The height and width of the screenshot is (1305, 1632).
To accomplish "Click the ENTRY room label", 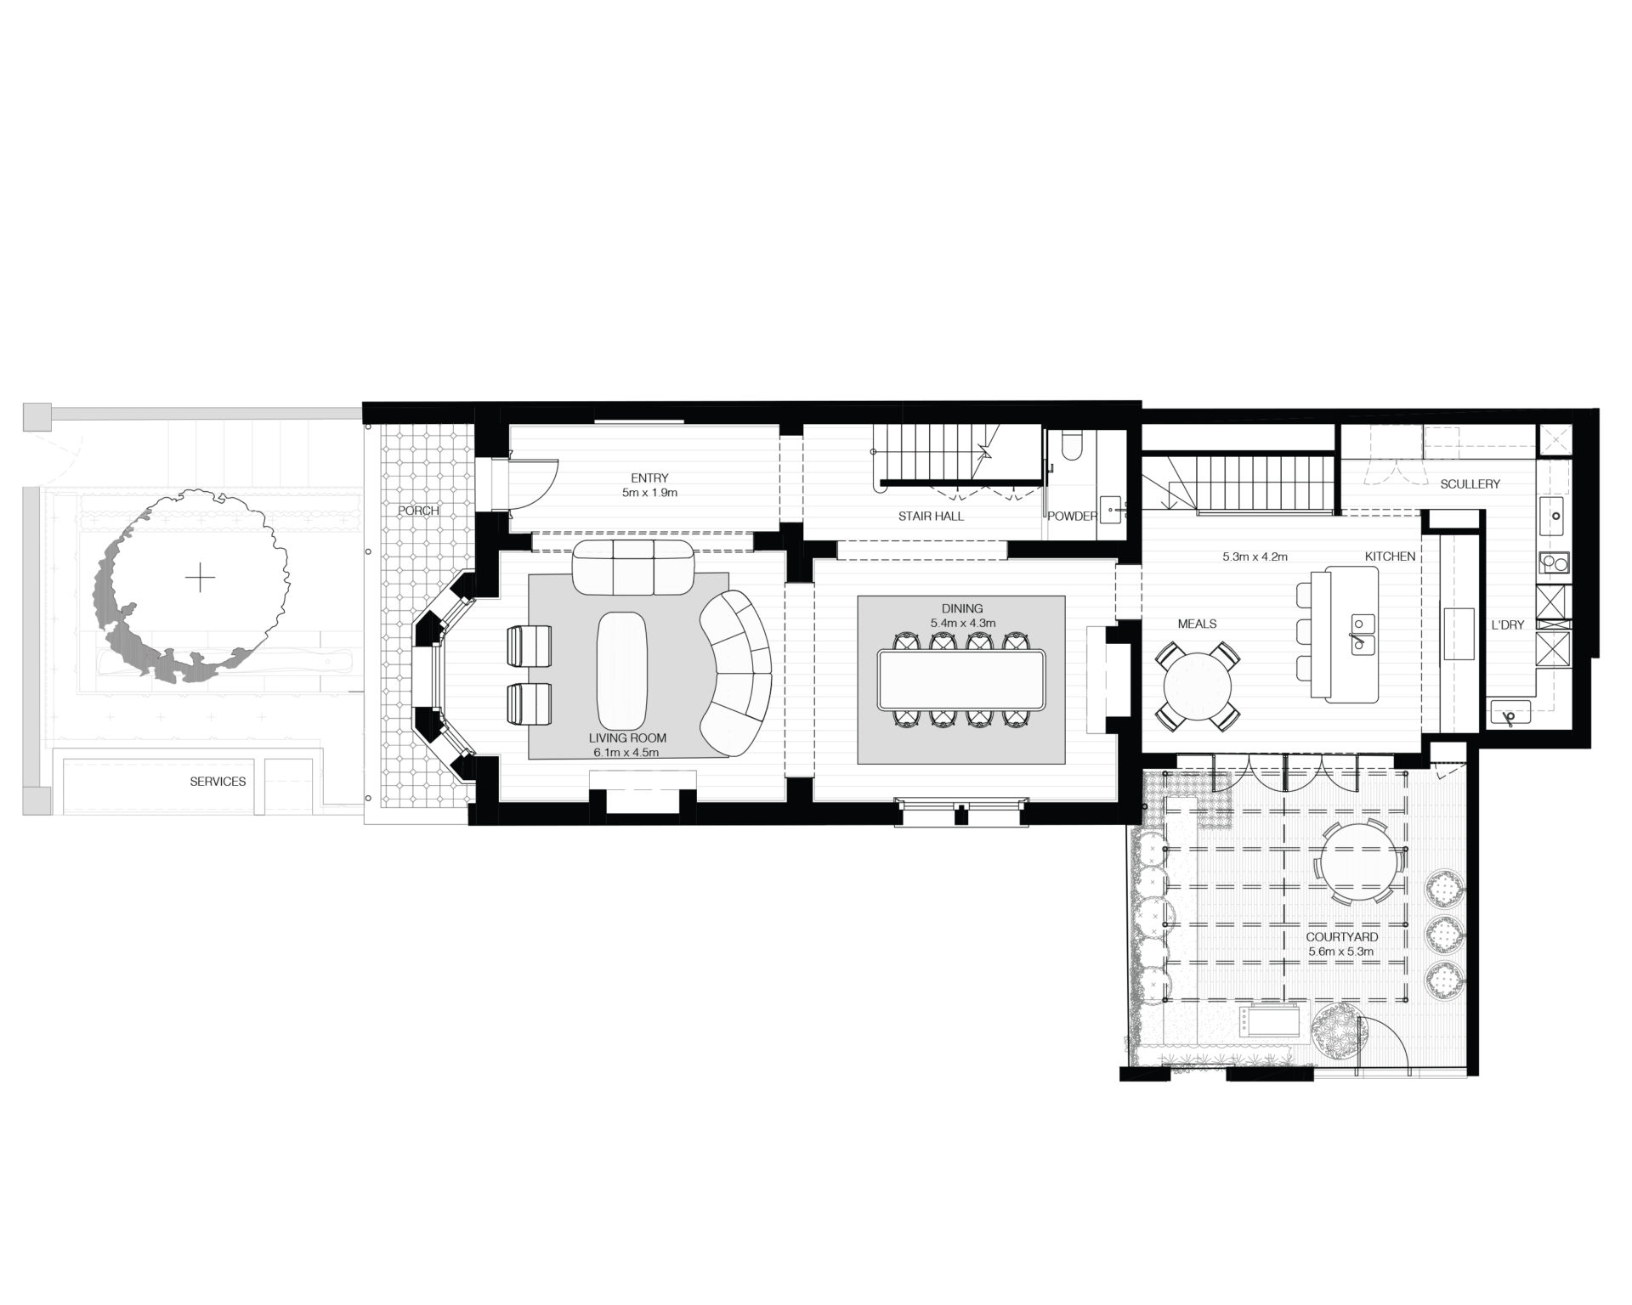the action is tap(649, 478).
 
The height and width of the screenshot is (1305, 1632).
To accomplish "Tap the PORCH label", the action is tap(417, 511).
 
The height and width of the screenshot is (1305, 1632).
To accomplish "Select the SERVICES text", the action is tap(218, 782).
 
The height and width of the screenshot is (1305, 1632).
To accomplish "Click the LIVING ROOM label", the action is tap(626, 738).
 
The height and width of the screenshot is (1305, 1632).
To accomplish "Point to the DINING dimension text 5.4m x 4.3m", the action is tap(962, 623).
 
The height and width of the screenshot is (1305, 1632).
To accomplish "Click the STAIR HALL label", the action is tap(931, 516).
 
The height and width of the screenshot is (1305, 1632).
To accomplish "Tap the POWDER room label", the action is tap(1072, 516).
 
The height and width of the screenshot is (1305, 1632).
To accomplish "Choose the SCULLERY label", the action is tap(1470, 484).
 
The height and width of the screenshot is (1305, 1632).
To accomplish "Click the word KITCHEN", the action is tap(1390, 556).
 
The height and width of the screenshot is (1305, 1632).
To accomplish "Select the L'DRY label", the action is tap(1507, 625).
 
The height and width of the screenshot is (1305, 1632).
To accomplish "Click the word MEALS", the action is tap(1197, 624).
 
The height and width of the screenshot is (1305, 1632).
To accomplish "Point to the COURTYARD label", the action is tap(1342, 938).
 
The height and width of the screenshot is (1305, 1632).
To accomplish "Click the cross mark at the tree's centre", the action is tap(201, 579).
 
